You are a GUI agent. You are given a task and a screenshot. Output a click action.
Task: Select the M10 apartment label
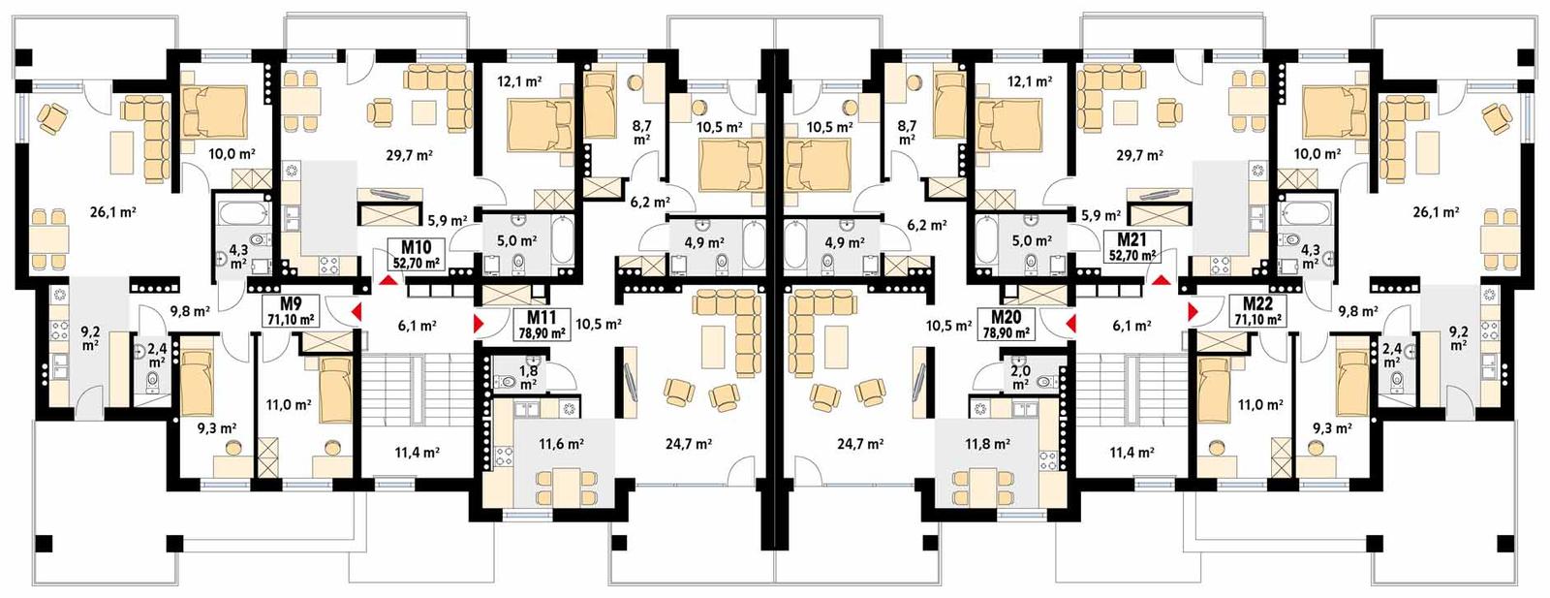point(416,254)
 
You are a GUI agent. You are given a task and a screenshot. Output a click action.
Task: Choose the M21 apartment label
point(1131,246)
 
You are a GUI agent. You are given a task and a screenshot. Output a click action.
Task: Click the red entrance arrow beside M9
point(356,311)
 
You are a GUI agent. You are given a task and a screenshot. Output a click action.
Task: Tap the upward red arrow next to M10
point(388,280)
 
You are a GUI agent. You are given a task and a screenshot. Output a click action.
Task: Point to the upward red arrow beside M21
point(1160,279)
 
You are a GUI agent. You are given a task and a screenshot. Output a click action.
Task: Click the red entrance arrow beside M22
point(1191,311)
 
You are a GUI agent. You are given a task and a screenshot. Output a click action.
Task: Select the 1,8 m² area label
point(528,378)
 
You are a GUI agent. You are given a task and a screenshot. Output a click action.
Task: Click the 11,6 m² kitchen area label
point(561,444)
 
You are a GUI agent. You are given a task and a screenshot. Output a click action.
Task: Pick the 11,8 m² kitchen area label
point(986,444)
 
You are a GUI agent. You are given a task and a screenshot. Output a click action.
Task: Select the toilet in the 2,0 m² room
point(1043,382)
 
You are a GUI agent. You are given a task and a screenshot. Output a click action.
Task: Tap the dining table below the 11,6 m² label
point(561,482)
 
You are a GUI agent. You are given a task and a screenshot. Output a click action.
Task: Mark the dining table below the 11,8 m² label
point(986,482)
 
